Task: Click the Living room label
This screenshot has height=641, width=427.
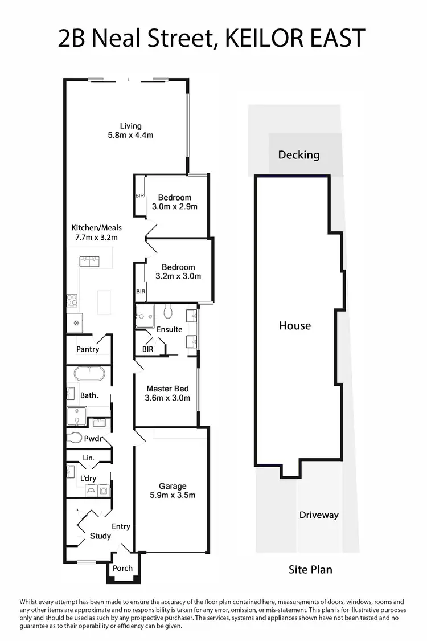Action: click(x=130, y=126)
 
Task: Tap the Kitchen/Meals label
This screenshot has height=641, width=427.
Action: click(x=96, y=227)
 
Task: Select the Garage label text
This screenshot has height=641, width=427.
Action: click(x=173, y=486)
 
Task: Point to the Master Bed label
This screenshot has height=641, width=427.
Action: click(x=167, y=389)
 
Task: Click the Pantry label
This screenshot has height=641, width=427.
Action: click(x=88, y=349)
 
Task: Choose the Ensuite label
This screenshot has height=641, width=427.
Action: click(x=170, y=329)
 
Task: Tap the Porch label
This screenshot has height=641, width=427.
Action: click(x=122, y=568)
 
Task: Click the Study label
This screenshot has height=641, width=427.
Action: click(x=100, y=536)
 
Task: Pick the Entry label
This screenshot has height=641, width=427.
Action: click(x=121, y=526)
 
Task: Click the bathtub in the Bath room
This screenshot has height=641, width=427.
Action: click(x=89, y=374)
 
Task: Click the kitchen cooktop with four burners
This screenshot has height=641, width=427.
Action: click(x=72, y=300)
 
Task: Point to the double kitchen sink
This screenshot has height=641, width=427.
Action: click(x=89, y=262)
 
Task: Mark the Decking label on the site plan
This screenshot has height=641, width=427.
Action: click(x=298, y=154)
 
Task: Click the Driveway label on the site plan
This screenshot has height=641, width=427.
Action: click(x=319, y=515)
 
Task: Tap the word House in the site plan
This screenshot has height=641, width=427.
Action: click(x=295, y=326)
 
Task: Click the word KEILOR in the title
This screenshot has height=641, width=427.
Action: click(x=260, y=38)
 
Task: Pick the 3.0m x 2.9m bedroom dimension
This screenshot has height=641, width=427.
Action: click(x=175, y=207)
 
